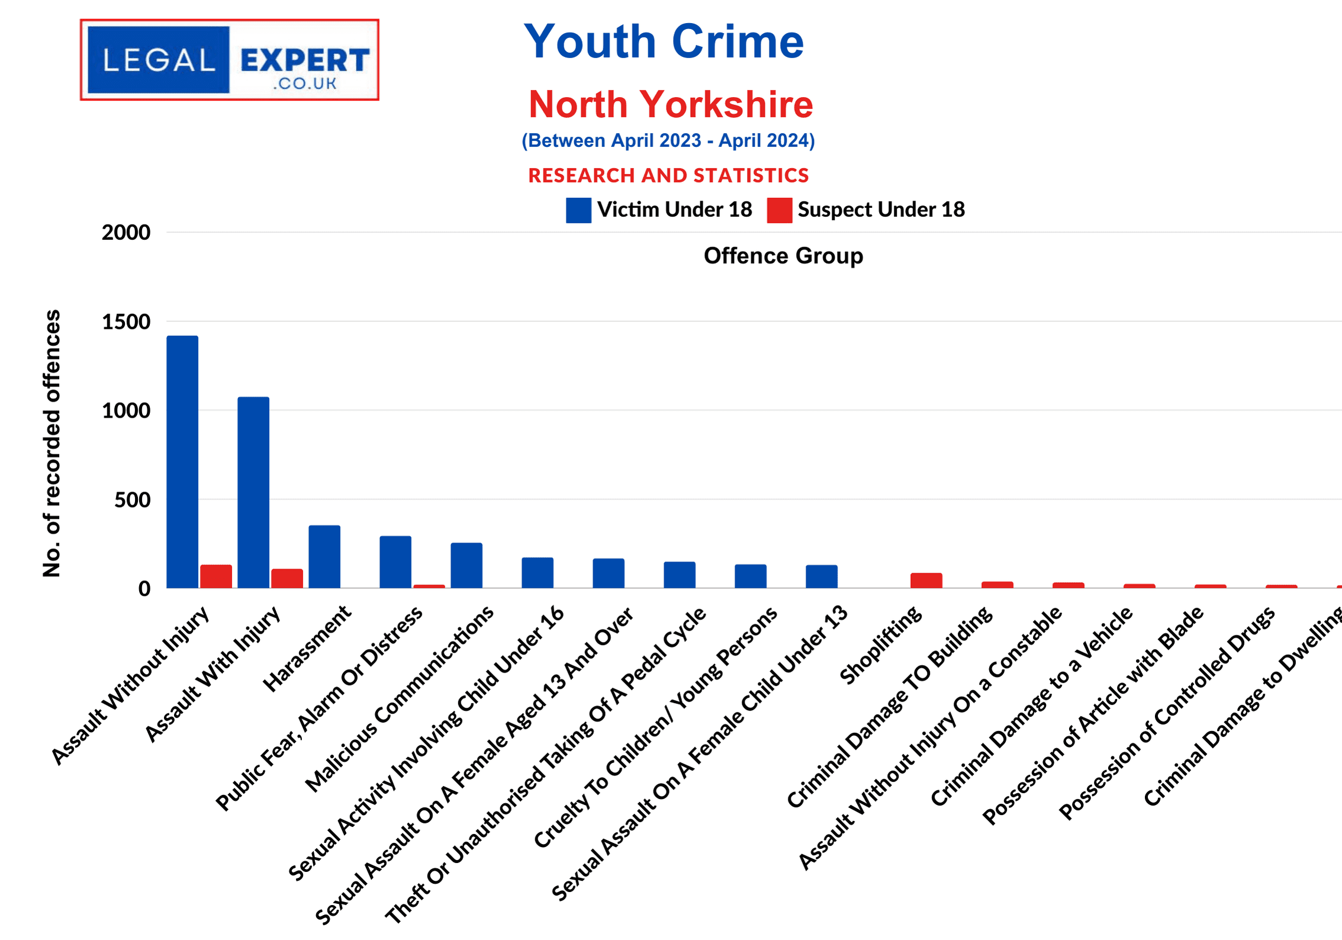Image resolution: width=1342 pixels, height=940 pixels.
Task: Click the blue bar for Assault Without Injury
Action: pyautogui.click(x=182, y=462)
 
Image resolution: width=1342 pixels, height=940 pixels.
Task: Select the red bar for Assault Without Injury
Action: pyautogui.click(x=216, y=576)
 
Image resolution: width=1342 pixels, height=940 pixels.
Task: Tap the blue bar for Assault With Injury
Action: pyautogui.click(x=253, y=492)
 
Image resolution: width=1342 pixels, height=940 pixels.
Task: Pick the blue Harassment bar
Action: pyautogui.click(x=324, y=557)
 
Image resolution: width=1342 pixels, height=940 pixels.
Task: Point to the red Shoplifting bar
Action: pyautogui.click(x=926, y=580)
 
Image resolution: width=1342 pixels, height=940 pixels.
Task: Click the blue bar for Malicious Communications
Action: pyautogui.click(x=466, y=566)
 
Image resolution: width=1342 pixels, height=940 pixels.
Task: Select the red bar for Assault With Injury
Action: pyautogui.click(x=287, y=579)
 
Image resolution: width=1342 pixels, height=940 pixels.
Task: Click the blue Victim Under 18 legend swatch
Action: pyautogui.click(x=578, y=210)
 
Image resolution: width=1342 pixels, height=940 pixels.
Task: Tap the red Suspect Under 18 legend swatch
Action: pyautogui.click(x=779, y=210)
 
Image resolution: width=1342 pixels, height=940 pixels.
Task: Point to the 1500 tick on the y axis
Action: pyautogui.click(x=126, y=322)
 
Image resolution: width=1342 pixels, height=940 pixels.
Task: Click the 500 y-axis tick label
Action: pyautogui.click(x=132, y=500)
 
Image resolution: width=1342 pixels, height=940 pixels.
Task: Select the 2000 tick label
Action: pyautogui.click(x=126, y=232)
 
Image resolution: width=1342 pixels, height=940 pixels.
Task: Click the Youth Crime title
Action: pyautogui.click(x=664, y=41)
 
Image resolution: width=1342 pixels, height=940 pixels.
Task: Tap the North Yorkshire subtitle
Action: pyautogui.click(x=671, y=104)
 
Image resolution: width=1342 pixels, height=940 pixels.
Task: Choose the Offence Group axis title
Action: pyautogui.click(x=783, y=256)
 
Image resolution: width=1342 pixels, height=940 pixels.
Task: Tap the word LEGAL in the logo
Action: pyautogui.click(x=159, y=60)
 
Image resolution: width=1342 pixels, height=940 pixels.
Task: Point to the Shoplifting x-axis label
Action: pyautogui.click(x=881, y=646)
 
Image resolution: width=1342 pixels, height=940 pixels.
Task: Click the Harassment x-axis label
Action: pyautogui.click(x=307, y=649)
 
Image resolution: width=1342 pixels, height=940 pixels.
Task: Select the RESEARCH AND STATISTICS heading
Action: pyautogui.click(x=668, y=175)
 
